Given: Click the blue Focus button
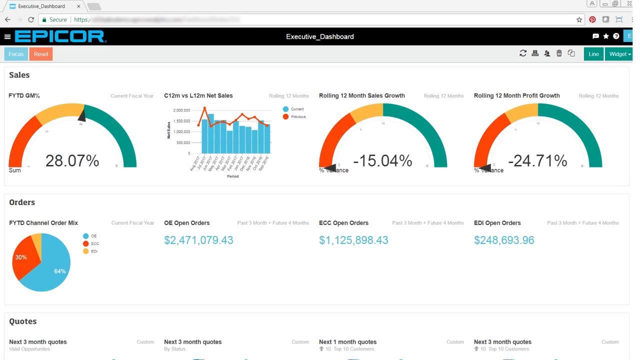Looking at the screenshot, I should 16,54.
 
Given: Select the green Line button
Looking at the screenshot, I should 593,54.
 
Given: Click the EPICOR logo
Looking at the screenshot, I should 60,36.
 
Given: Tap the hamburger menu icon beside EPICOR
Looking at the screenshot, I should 7,36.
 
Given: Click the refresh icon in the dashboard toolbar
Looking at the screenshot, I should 523,53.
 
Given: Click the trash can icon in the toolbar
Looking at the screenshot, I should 559,53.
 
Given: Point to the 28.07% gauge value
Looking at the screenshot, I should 72,161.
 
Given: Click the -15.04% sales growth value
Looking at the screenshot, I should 382,161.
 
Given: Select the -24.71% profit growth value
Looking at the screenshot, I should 537,161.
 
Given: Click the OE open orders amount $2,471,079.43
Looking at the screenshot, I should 198,240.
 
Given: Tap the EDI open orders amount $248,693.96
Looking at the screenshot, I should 504,240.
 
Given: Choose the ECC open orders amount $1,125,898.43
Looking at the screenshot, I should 353,240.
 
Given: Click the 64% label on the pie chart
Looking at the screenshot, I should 60,271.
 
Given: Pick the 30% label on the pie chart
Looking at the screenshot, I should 21,257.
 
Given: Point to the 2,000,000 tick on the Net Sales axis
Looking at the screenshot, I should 181,110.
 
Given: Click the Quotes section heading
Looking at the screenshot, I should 23,321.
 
